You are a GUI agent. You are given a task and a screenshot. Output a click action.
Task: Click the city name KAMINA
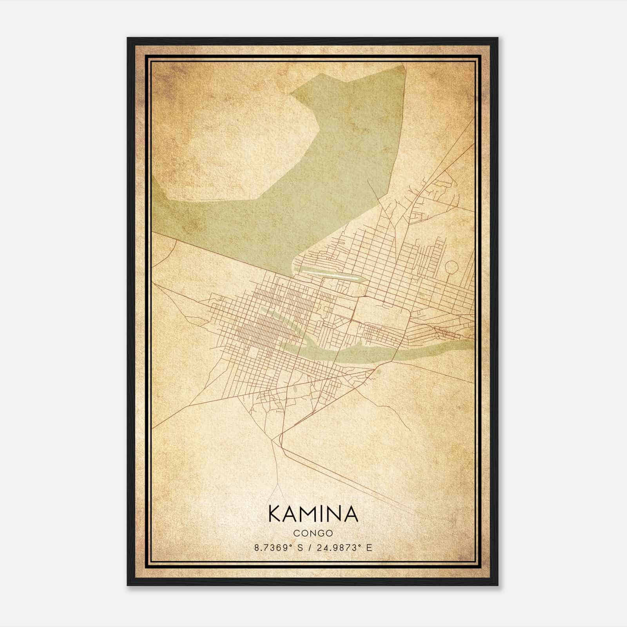[313, 514]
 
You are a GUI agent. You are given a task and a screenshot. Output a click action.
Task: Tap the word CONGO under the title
[313, 533]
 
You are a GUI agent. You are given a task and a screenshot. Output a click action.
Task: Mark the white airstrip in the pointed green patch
[330, 274]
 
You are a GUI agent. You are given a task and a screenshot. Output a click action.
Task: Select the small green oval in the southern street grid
[294, 390]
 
